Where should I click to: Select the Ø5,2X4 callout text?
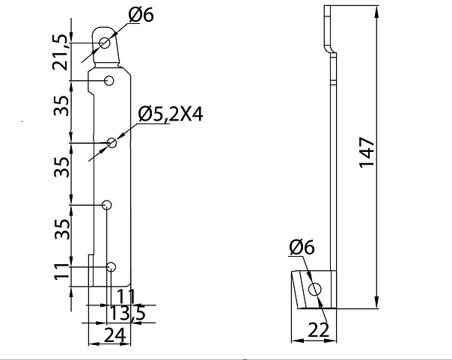(x=171, y=114)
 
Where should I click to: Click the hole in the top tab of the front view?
(x=105, y=43)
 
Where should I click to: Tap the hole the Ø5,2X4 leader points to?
(x=112, y=142)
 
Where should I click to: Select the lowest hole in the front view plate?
(x=112, y=266)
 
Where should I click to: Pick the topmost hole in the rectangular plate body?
(x=109, y=80)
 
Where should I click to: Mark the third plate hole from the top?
(x=107, y=204)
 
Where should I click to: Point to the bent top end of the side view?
(x=328, y=26)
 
